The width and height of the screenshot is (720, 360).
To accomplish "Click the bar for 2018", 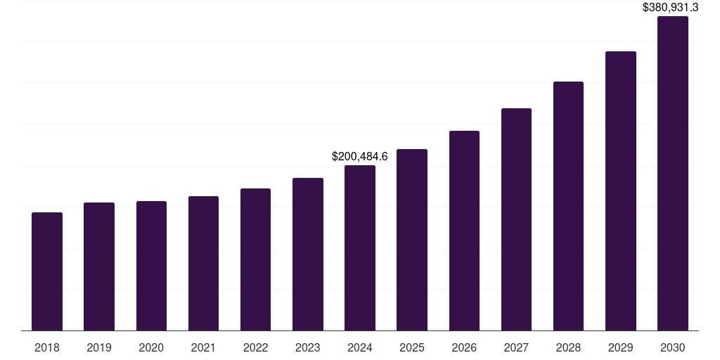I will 47,271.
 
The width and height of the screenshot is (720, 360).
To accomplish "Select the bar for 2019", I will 99,266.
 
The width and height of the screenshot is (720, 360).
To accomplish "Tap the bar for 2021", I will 203,264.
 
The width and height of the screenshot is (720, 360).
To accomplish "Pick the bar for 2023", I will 308,255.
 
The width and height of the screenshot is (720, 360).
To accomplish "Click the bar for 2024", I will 360,248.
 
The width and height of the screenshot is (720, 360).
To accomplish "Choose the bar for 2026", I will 464,231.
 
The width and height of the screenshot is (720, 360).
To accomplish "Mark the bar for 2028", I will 568,206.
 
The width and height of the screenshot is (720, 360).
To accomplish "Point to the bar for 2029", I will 621,191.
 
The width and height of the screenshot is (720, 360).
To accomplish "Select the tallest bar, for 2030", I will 673,174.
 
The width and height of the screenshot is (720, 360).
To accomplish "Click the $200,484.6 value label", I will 360,156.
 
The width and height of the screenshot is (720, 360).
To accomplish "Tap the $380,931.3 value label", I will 671,8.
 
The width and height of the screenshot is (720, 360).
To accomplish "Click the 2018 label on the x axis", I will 47,348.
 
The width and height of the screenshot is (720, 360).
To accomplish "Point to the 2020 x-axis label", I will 151,348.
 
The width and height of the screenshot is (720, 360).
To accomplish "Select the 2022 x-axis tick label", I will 256,348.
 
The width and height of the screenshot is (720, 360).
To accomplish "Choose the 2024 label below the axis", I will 360,348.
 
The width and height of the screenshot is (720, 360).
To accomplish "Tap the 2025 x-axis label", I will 412,348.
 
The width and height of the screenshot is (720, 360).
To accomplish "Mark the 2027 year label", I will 516,348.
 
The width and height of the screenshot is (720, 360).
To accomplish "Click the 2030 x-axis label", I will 673,348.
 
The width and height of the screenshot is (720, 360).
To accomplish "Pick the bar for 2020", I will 151,266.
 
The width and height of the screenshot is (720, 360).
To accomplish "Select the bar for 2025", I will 412,240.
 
